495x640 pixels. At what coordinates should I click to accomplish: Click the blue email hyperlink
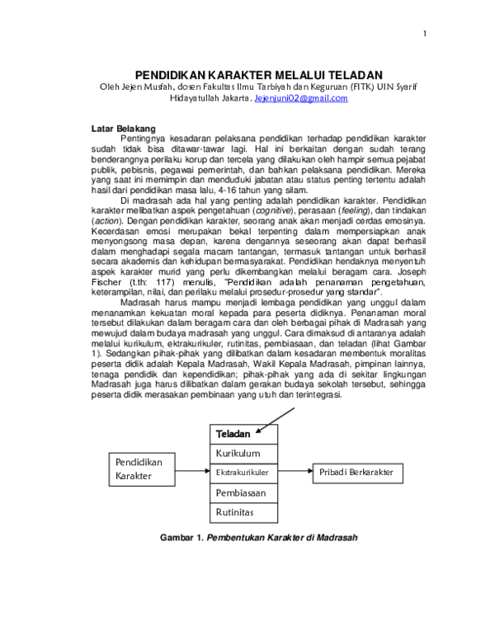click(x=301, y=98)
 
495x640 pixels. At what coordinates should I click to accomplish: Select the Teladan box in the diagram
click(x=243, y=435)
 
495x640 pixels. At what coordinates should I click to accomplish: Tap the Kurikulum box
click(x=243, y=454)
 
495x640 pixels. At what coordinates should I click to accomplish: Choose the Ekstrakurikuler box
click(x=243, y=473)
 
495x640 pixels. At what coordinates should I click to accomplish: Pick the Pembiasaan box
click(x=243, y=493)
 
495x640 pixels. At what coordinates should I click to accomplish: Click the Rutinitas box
click(x=243, y=513)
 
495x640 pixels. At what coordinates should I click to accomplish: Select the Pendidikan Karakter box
click(x=142, y=469)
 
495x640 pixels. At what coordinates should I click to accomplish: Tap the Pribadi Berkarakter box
click(x=357, y=473)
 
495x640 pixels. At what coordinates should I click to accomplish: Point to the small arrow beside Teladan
click(x=262, y=429)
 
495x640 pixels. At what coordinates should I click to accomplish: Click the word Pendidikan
click(x=139, y=463)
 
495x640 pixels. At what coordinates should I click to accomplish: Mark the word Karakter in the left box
click(x=134, y=477)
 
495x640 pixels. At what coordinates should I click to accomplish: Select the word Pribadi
click(x=332, y=473)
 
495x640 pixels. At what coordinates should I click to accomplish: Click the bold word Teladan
click(x=233, y=435)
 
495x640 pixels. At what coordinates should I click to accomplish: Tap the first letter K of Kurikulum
click(x=219, y=454)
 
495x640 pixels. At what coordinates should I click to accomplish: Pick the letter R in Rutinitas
click(x=219, y=513)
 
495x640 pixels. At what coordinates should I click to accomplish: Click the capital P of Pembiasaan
click(x=219, y=493)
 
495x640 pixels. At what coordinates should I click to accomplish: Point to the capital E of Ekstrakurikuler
click(x=218, y=473)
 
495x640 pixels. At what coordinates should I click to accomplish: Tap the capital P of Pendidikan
click(x=118, y=463)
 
